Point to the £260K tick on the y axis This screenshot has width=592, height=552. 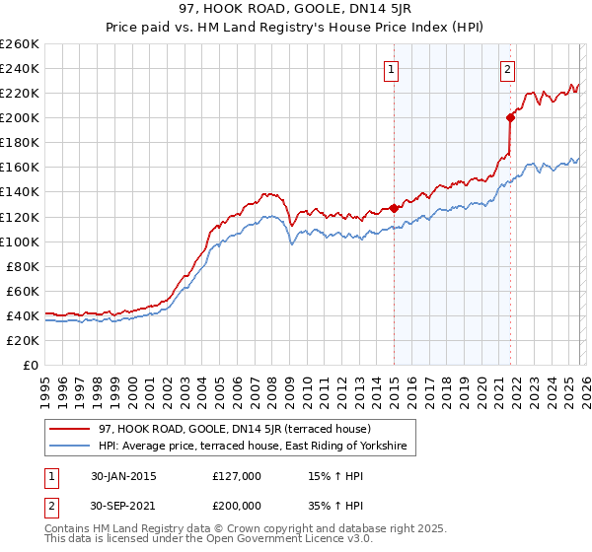[x=19, y=44]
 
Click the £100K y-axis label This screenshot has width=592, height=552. [x=19, y=241]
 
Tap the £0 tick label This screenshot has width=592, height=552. [x=30, y=365]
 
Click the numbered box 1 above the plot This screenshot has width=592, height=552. [x=392, y=69]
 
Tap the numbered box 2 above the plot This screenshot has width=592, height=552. [x=507, y=69]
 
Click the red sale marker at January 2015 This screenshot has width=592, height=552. [x=394, y=208]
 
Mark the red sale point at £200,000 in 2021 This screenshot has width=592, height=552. [x=510, y=118]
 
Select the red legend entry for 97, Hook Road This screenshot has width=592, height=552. [x=234, y=429]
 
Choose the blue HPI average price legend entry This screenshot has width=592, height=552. [x=253, y=447]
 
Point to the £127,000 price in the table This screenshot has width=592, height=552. [x=237, y=476]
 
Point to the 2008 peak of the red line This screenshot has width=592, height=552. [x=266, y=194]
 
